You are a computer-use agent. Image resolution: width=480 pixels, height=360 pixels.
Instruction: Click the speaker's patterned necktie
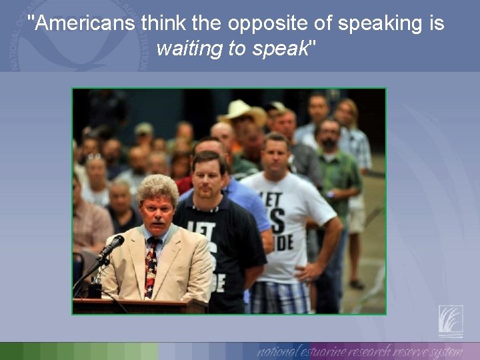(152, 267)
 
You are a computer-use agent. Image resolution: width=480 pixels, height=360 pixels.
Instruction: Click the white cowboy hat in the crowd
(241, 111)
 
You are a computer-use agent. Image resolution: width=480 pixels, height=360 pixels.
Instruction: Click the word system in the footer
(445, 351)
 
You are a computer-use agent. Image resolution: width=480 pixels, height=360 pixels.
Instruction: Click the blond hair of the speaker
(159, 189)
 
